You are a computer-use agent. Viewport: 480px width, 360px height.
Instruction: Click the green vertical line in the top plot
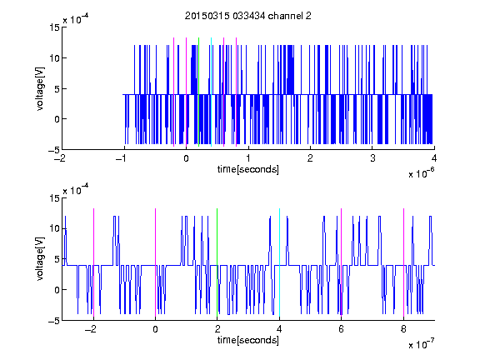pyautogui.click(x=198, y=92)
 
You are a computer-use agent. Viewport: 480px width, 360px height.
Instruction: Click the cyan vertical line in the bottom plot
pyautogui.click(x=279, y=262)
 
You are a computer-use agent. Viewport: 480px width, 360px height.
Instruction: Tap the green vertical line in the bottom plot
pyautogui.click(x=217, y=262)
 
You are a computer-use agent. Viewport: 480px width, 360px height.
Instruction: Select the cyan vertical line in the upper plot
pyautogui.click(x=211, y=92)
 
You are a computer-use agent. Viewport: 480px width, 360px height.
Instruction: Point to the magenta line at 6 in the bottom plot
pyautogui.click(x=342, y=262)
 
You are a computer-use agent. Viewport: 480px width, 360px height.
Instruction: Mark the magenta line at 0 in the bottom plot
pyautogui.click(x=155, y=262)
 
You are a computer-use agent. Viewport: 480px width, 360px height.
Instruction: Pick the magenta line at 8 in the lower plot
pyautogui.click(x=404, y=262)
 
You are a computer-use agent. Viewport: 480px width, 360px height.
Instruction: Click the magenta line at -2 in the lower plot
pyautogui.click(x=93, y=262)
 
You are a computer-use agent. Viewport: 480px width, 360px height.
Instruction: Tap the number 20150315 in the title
pyautogui.click(x=207, y=16)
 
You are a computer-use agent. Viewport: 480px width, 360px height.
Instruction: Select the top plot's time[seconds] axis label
pyautogui.click(x=248, y=169)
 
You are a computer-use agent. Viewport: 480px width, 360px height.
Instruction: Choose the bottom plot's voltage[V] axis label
pyautogui.click(x=40, y=258)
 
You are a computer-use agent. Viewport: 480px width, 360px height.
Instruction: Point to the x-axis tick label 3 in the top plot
pyautogui.click(x=372, y=158)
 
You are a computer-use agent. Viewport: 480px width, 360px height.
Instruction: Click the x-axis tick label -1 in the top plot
pyautogui.click(x=122, y=158)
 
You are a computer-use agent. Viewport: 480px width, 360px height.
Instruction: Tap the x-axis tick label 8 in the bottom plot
pyautogui.click(x=404, y=329)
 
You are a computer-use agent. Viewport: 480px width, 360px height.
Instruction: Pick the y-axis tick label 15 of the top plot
pyautogui.click(x=54, y=27)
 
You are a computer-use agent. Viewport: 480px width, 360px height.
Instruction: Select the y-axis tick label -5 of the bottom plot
pyautogui.click(x=54, y=321)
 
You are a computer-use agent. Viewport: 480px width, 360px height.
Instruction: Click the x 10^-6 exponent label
pyautogui.click(x=421, y=172)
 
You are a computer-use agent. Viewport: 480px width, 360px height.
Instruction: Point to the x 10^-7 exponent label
pyautogui.click(x=421, y=343)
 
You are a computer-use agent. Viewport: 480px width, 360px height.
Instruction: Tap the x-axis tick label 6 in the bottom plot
pyautogui.click(x=342, y=329)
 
